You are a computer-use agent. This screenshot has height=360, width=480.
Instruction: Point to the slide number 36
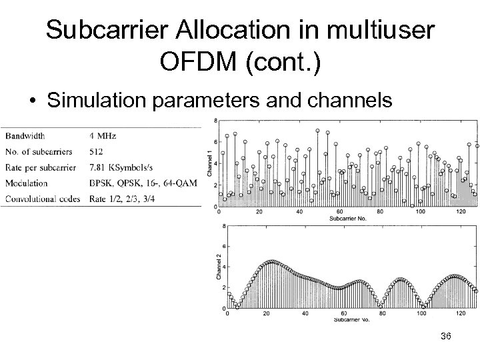pos(445,336)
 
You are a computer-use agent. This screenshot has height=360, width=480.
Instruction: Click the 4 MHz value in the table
pos(102,135)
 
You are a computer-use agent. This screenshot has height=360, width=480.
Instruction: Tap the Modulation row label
pos(27,183)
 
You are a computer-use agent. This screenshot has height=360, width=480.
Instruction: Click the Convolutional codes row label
pos(42,198)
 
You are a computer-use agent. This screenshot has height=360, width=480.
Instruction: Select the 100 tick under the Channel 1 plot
pos(419,212)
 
